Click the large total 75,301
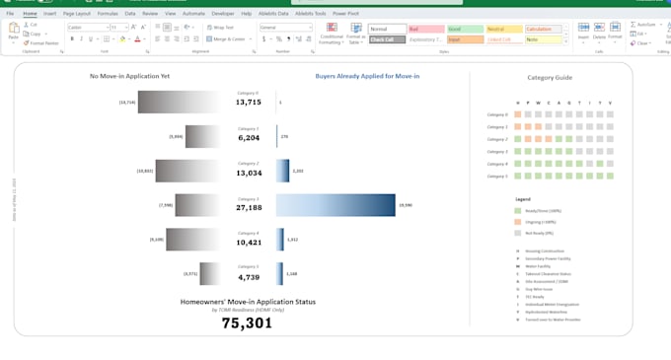point(247,323)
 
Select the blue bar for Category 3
point(335,204)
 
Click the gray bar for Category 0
point(179,102)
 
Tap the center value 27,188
point(249,208)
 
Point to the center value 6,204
point(249,138)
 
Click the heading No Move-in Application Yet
point(129,76)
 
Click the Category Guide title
point(550,77)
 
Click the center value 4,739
point(249,277)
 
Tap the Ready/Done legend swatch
point(518,211)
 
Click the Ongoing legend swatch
point(518,222)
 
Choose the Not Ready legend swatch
point(518,233)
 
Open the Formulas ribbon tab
point(108,14)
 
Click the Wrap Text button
point(220,28)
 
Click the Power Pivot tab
point(345,14)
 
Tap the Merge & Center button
point(226,39)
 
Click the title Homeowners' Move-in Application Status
point(248,301)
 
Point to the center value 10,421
point(249,243)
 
